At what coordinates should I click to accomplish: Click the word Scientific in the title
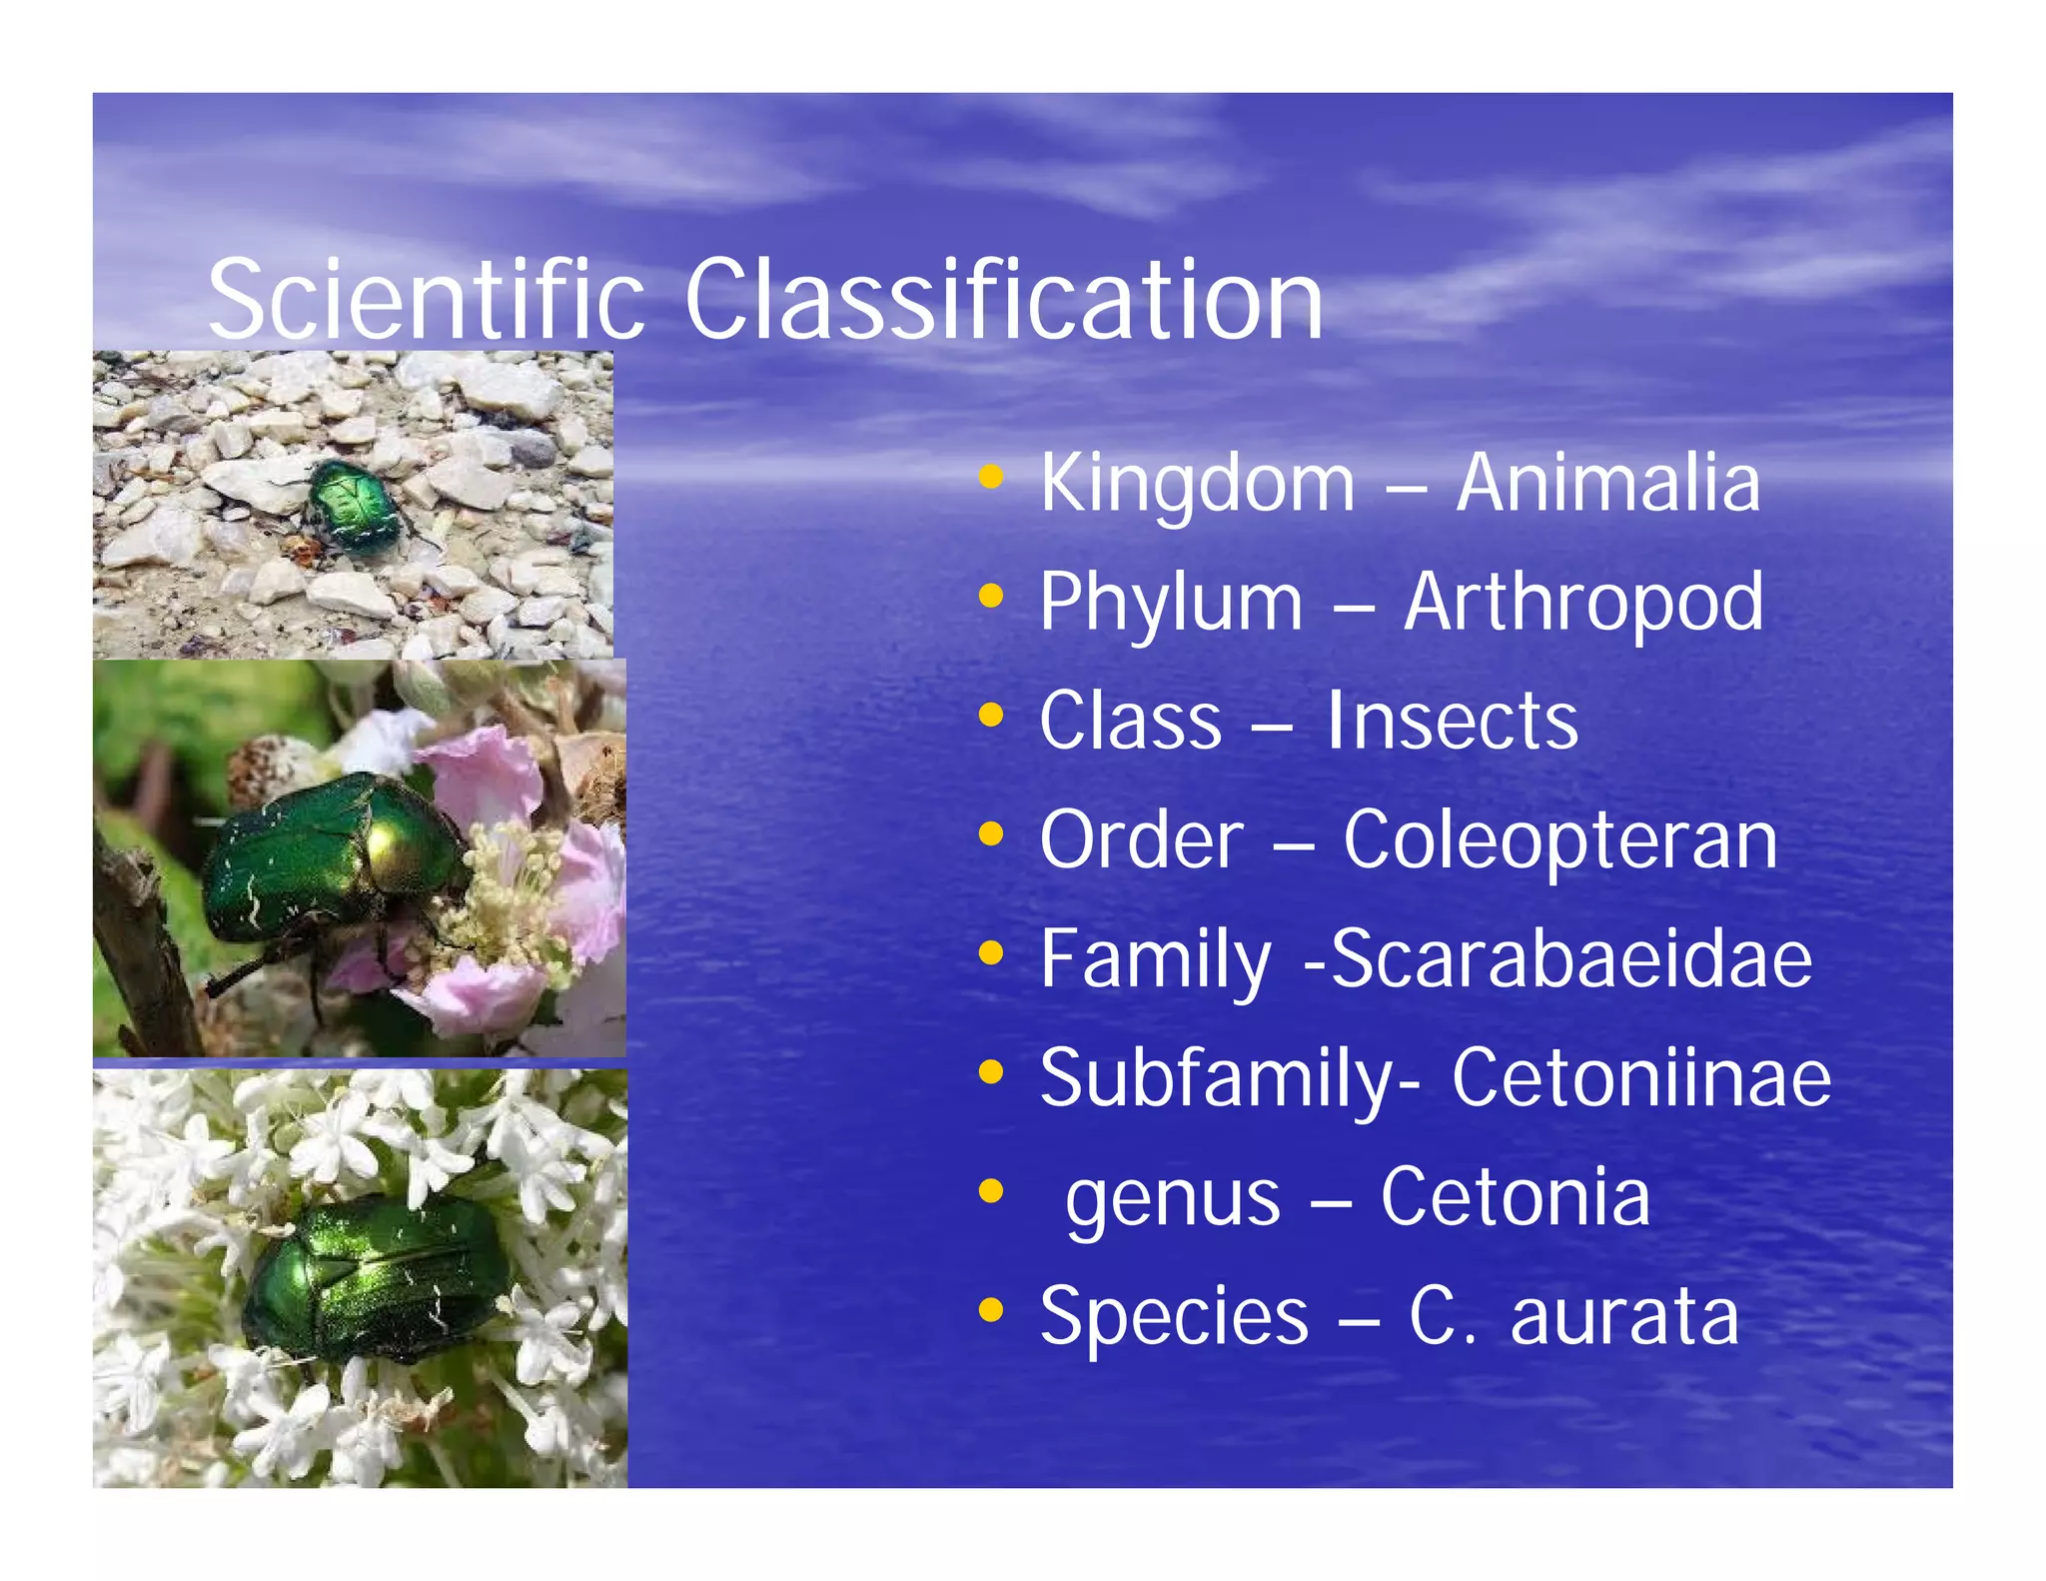pyautogui.click(x=426, y=300)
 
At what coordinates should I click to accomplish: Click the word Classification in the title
pyautogui.click(x=1003, y=300)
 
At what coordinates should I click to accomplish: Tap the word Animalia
pyautogui.click(x=1607, y=483)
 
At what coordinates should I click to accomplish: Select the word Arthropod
pyautogui.click(x=1583, y=603)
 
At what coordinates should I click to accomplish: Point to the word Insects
pyautogui.click(x=1452, y=721)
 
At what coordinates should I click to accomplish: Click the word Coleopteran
pyautogui.click(x=1559, y=840)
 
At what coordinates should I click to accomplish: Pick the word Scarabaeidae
pyautogui.click(x=1571, y=958)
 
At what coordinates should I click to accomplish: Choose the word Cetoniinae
pyautogui.click(x=1641, y=1077)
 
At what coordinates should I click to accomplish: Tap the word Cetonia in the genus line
pyautogui.click(x=1515, y=1196)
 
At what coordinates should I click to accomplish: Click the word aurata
pyautogui.click(x=1624, y=1315)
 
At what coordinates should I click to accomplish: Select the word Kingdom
pyautogui.click(x=1197, y=483)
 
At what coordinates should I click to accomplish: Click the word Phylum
pyautogui.click(x=1171, y=603)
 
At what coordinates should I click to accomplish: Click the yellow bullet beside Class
pyautogui.click(x=990, y=716)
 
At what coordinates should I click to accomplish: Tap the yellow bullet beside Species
pyautogui.click(x=990, y=1309)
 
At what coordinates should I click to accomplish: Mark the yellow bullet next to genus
pyautogui.click(x=990, y=1190)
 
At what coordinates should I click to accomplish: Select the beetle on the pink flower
pyautogui.click(x=330, y=859)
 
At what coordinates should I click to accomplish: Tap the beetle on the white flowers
pyautogui.click(x=375, y=1279)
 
